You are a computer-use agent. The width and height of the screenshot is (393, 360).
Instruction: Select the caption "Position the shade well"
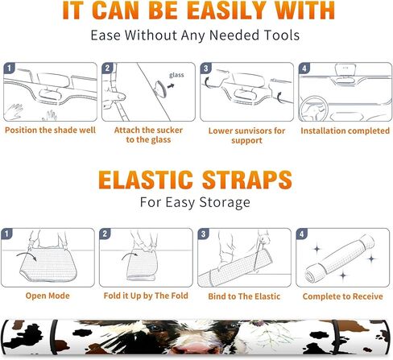tap(50, 130)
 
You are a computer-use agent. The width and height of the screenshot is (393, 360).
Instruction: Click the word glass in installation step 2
tap(176, 75)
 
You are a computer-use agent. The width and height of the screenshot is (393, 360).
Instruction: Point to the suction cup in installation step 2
tap(160, 89)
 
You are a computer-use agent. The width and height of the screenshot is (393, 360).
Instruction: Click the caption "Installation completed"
tap(345, 130)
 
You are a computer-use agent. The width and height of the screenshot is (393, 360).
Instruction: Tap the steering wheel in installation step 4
tap(313, 110)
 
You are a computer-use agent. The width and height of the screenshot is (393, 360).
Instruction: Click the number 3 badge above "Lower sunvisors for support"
tap(205, 68)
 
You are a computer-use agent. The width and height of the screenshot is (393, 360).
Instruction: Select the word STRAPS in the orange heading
tap(246, 180)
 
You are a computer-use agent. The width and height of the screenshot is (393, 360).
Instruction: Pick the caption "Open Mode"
tap(48, 296)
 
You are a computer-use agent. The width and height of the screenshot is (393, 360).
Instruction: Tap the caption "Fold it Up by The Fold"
tap(146, 296)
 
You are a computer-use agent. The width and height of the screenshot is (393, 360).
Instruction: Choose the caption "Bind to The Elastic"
tap(244, 296)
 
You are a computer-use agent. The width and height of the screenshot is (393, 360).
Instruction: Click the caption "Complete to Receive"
tap(342, 296)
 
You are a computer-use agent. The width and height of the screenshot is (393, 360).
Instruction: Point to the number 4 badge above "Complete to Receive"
tap(301, 234)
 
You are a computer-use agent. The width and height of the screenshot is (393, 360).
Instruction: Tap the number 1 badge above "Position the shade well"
tap(9, 68)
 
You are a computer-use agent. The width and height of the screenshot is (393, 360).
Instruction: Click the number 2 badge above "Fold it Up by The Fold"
tap(105, 234)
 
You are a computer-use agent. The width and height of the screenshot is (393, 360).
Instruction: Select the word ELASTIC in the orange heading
tap(146, 180)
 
